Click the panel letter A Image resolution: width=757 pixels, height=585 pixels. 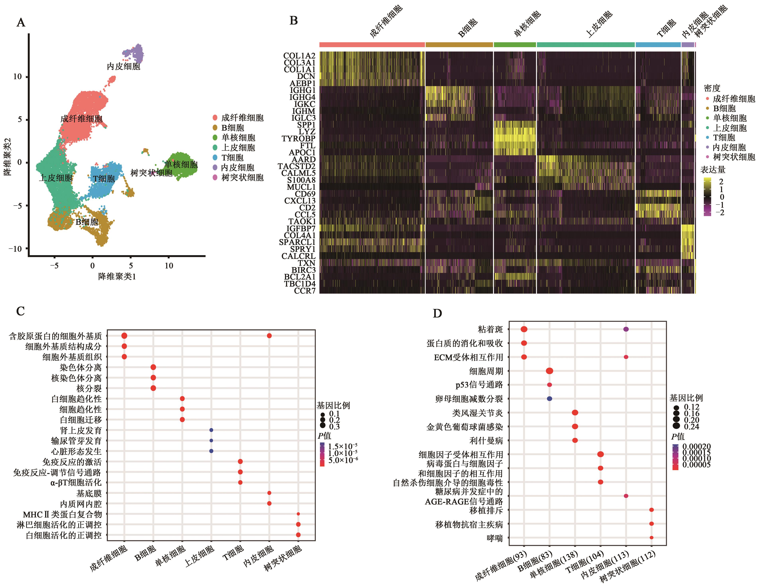(21, 23)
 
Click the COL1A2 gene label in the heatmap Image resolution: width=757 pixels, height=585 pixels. (299, 56)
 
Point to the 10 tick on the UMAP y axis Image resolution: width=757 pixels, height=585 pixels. (17, 76)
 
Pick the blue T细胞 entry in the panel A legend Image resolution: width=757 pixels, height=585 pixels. (233, 158)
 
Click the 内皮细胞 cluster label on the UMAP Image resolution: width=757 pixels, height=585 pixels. (123, 66)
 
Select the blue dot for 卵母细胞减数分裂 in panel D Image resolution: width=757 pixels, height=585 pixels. (549, 399)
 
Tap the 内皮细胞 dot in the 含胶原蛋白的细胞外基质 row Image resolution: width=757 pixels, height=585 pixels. (269, 336)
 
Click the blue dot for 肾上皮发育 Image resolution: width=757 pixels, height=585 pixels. (211, 430)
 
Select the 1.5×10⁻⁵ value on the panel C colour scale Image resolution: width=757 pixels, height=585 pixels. (343, 446)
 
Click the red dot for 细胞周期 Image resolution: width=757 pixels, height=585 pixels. (549, 371)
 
